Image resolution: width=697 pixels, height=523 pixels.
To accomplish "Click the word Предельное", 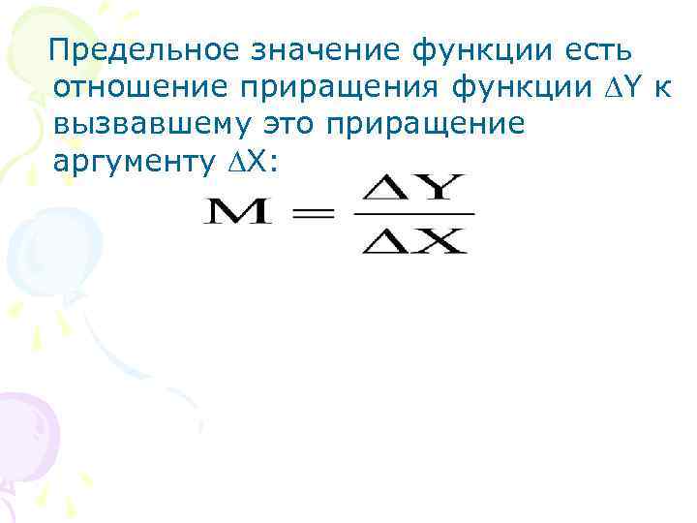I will coord(142,49).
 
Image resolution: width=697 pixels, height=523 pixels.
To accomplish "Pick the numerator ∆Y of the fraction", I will coord(413,187).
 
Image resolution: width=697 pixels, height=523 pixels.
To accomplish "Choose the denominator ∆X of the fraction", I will coord(413,238).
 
